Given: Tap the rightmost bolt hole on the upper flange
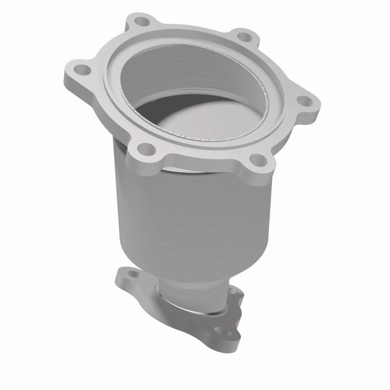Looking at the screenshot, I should [x=304, y=100].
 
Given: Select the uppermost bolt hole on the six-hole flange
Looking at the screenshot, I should [x=142, y=22].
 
